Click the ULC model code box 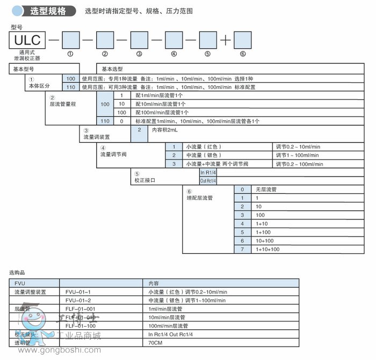(27, 41)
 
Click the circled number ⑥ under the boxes (242, 54)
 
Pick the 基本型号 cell (24, 69)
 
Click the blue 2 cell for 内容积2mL (139, 129)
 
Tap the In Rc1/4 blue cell (208, 173)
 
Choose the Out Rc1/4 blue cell (208, 181)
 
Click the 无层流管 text (265, 190)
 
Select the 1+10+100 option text (267, 249)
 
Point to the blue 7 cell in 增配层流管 (242, 249)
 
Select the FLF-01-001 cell (80, 308)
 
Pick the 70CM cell (156, 343)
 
